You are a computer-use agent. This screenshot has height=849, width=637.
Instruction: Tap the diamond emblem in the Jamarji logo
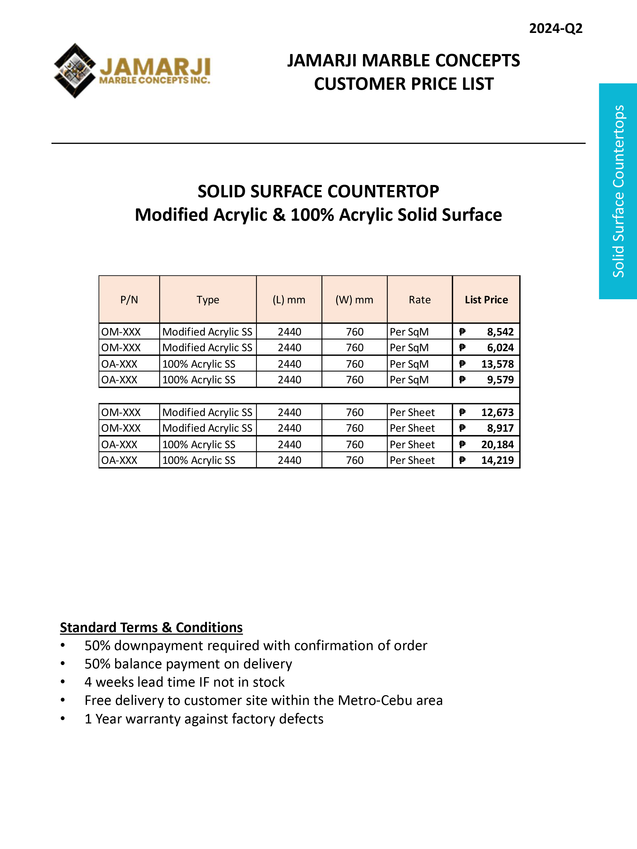[75, 71]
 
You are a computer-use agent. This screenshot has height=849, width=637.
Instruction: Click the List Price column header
[486, 300]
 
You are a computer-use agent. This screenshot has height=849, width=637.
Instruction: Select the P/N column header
[129, 300]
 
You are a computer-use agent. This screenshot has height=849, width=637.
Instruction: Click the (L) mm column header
[289, 300]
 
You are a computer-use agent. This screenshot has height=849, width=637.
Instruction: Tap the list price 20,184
[497, 445]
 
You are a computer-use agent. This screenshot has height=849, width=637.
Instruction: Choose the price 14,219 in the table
[497, 461]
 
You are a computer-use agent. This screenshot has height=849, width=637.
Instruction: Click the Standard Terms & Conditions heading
[151, 627]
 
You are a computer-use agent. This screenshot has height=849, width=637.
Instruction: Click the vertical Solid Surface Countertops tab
[618, 191]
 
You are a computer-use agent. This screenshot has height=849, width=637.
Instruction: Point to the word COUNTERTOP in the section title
[383, 191]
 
